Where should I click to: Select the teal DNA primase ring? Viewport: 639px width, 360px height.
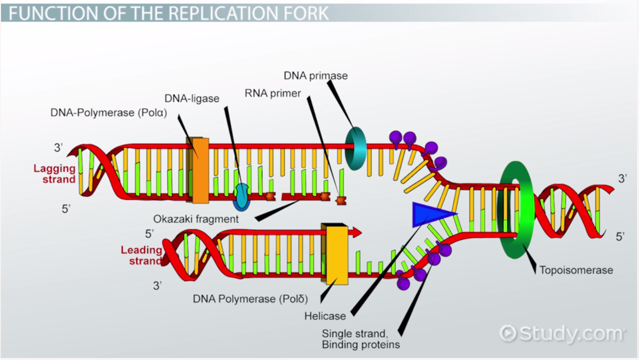(356, 148)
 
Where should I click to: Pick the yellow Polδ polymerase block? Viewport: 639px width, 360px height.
(336, 254)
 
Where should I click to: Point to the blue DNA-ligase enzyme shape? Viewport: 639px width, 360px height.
(242, 195)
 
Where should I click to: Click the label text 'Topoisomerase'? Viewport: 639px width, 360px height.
(576, 270)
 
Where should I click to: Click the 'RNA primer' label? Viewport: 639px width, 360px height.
(273, 93)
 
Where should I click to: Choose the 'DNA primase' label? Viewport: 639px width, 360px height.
(316, 76)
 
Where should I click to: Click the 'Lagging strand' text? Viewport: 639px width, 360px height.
(55, 174)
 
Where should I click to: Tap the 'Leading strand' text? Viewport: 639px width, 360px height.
(142, 255)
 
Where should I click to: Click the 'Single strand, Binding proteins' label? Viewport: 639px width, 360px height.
(361, 339)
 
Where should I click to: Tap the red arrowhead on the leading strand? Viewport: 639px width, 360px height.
(356, 232)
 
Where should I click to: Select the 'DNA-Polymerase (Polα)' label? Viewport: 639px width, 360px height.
(108, 112)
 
